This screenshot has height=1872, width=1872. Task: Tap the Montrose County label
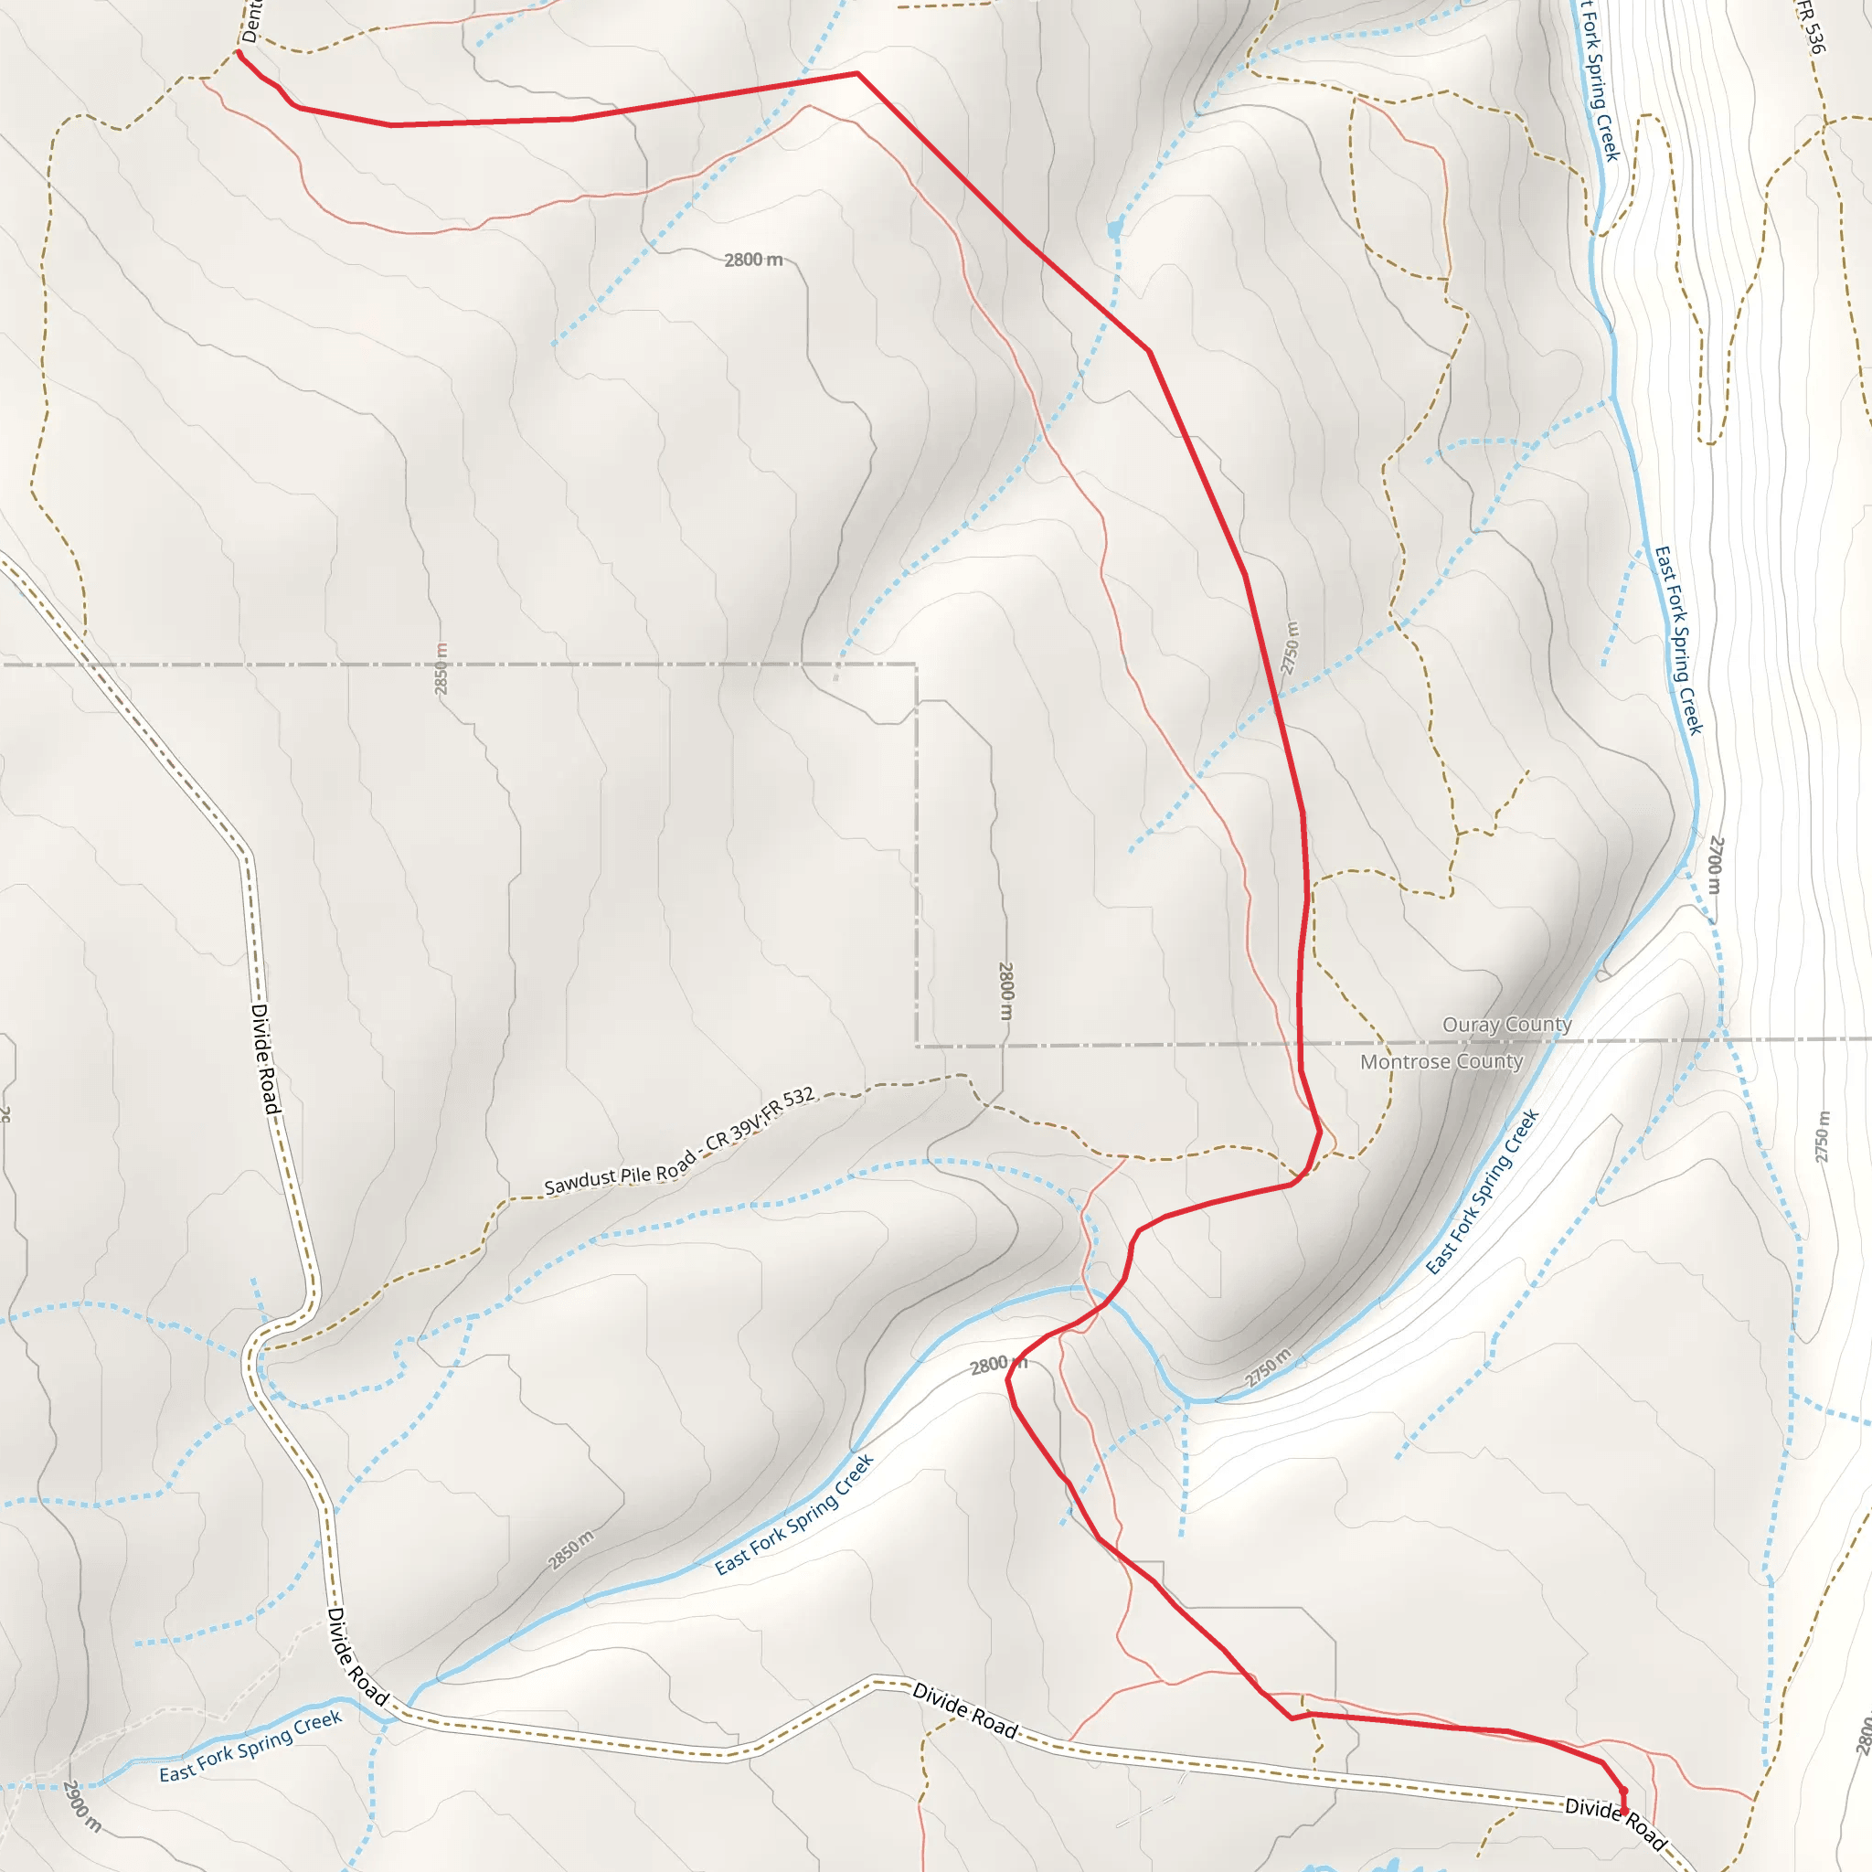pos(1441,1062)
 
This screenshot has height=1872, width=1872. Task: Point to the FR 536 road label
pos(1810,27)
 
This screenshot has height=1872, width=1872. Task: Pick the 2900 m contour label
pos(81,1806)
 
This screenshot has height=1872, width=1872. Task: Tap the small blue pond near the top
pos(1115,229)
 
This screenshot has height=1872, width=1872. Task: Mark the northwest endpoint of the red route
pos(239,52)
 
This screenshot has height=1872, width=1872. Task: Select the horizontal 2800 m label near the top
pos(753,260)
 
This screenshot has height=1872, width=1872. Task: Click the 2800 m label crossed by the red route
pos(998,1366)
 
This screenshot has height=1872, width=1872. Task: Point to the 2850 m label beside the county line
pos(441,668)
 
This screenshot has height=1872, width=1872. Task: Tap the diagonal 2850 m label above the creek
pos(571,1549)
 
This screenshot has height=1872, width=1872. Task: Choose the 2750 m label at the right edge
pos(1823,1136)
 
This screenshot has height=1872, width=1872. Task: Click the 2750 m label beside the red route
pos(1290,647)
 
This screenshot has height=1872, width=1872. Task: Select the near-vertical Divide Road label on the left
pos(264,1059)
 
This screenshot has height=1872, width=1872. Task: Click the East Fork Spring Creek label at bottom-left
pos(251,1746)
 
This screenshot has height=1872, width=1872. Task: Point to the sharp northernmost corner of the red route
pos(857,73)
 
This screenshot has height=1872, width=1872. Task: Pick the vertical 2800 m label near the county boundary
pos(1005,990)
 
